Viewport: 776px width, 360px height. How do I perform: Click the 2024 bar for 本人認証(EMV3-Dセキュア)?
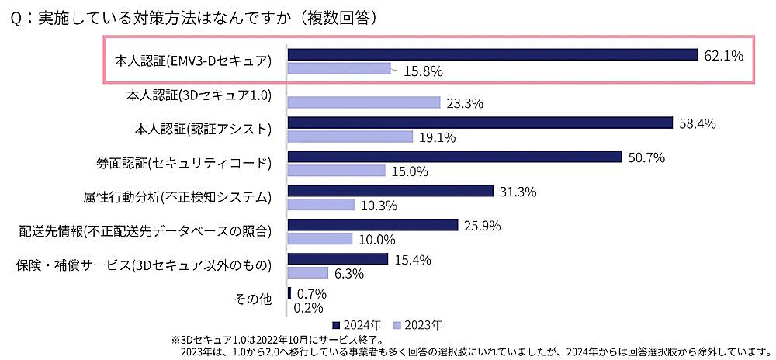coord(493,54)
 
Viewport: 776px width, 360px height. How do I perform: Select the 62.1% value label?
coord(723,55)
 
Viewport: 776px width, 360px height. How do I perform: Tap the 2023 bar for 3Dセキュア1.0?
coord(364,102)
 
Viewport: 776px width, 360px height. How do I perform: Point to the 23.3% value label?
coord(466,103)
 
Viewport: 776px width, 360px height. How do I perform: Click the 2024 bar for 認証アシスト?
coord(480,123)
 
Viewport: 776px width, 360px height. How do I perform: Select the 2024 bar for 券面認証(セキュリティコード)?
coord(455,157)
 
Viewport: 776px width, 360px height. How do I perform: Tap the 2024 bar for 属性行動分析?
coord(390,191)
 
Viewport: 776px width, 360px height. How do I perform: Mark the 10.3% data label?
coord(379,206)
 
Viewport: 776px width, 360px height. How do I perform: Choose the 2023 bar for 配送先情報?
coord(320,239)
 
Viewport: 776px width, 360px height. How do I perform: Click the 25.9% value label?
coord(483,226)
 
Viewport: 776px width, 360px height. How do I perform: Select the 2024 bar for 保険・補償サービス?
coord(338,258)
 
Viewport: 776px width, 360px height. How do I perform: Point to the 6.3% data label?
coord(350,273)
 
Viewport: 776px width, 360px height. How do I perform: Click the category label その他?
coord(252,299)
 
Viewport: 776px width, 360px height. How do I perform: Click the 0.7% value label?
coord(310,293)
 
